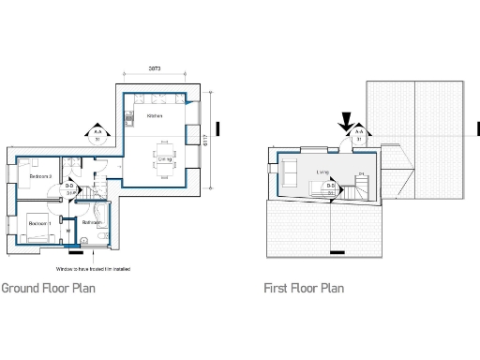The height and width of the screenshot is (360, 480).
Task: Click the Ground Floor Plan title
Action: coord(48,288)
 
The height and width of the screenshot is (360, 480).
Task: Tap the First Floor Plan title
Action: coord(304,288)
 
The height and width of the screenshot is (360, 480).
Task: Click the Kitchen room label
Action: coord(156,116)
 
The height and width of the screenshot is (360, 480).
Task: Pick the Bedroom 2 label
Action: coord(40,176)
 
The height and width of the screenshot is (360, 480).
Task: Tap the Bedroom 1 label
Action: coord(38,224)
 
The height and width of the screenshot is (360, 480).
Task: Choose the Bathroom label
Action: coord(93,223)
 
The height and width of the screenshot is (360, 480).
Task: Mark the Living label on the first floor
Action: coord(322,172)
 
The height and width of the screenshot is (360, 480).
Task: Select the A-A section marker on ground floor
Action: coord(97,136)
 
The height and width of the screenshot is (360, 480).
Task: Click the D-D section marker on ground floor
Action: coord(69,188)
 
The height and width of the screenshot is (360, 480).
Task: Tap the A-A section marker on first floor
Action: coord(357,136)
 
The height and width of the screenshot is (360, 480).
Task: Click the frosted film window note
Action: coord(92,269)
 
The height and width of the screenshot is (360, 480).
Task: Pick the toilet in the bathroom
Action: coord(84,241)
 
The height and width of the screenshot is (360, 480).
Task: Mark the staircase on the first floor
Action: coord(361,188)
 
